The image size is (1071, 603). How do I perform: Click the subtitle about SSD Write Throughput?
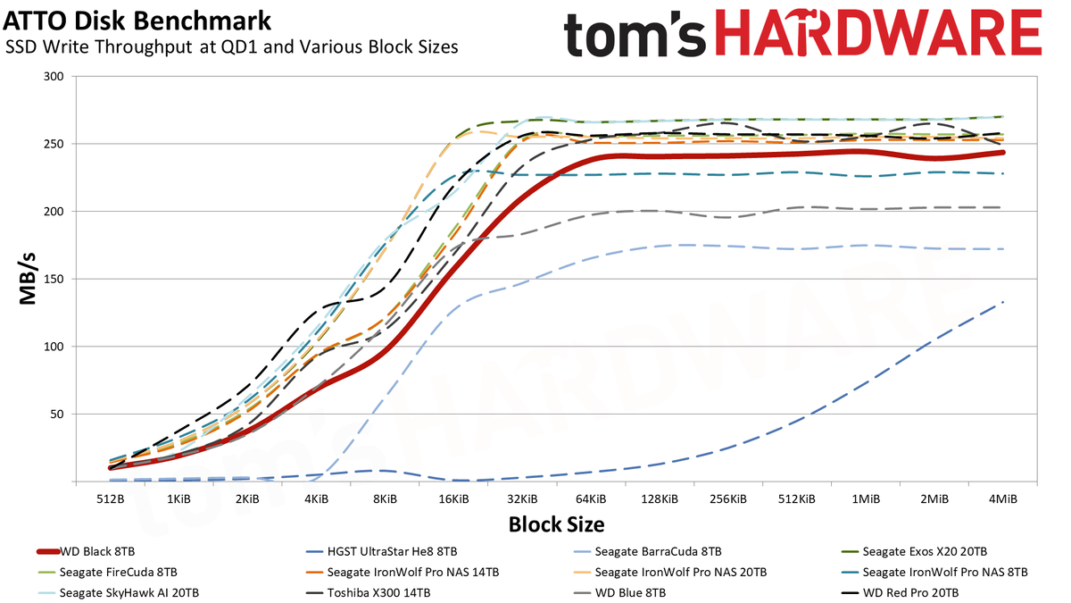pos(232,47)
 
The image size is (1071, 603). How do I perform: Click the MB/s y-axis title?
pos(29,279)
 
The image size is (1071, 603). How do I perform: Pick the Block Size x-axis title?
pos(556,524)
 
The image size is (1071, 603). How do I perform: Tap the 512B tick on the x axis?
pos(110,498)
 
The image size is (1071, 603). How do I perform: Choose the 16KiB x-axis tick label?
pos(453,498)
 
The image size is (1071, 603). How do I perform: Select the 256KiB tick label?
pos(728,498)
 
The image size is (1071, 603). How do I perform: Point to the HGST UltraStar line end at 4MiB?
pos(1003,302)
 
